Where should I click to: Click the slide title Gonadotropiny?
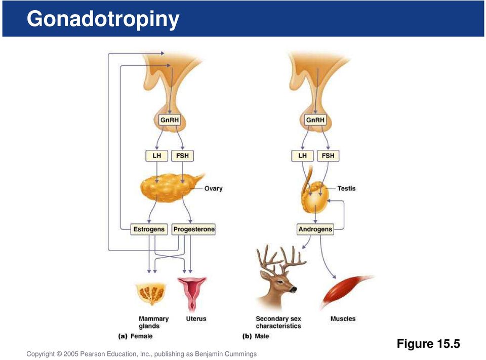point(103,19)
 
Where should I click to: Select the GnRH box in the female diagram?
point(170,119)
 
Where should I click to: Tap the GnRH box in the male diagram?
point(315,119)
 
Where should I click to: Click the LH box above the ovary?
point(156,155)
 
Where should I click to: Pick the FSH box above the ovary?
point(182,155)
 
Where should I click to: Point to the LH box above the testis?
point(302,155)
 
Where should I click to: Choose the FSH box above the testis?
point(328,155)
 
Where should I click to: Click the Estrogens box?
point(149,229)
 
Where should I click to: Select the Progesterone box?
point(194,229)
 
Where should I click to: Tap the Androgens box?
point(315,229)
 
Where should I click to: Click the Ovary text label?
point(213,188)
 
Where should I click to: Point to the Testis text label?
point(346,188)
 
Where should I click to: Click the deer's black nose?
point(293,289)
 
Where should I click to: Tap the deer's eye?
point(279,282)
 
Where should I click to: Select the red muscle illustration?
point(346,292)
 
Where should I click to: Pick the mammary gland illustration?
point(151,294)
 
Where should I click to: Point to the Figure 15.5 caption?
point(428,344)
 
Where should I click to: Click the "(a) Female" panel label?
point(136,336)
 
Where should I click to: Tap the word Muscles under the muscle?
point(343,318)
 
